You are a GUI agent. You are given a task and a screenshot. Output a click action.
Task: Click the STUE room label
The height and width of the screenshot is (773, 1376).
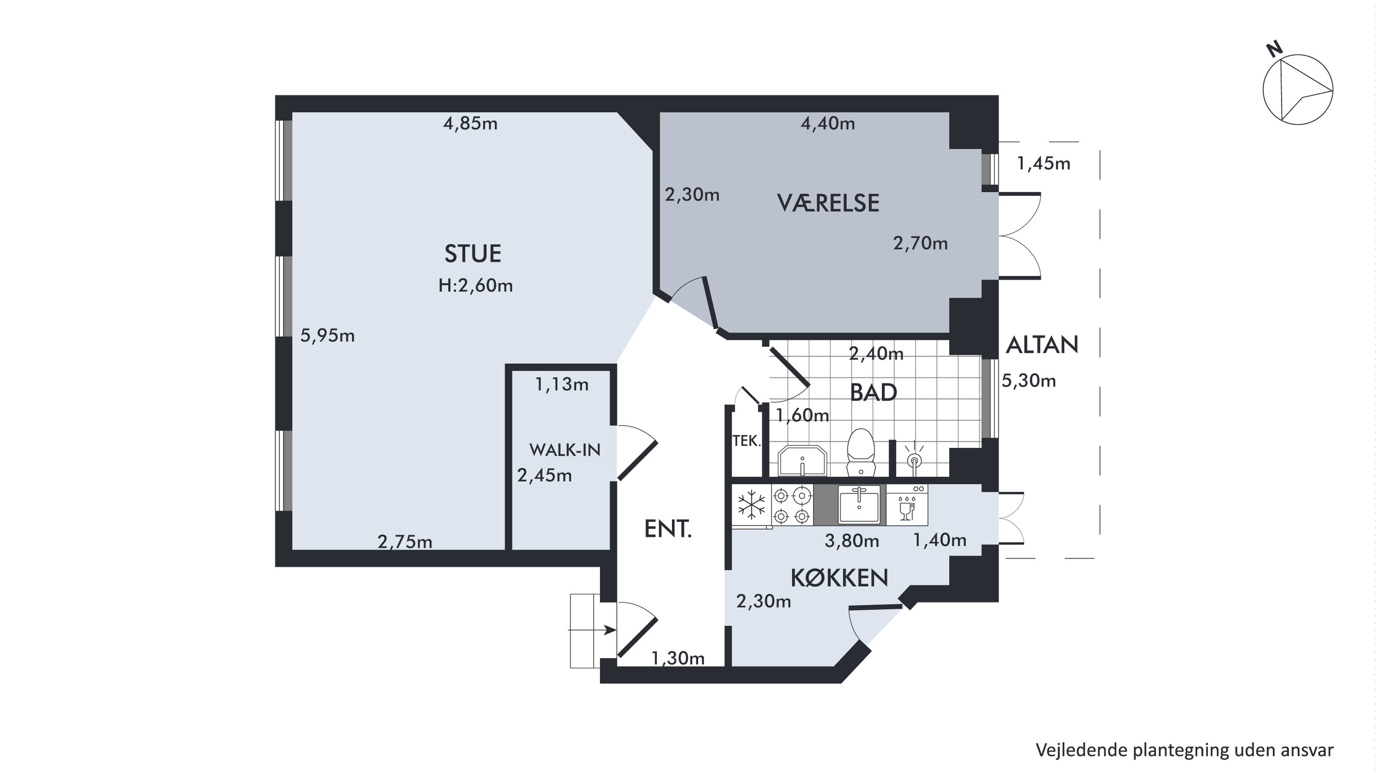coord(473,254)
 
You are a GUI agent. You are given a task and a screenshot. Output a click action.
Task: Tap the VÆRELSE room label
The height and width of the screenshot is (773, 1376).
coord(828,203)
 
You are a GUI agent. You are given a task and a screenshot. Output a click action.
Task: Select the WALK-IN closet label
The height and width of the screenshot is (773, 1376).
coord(565,450)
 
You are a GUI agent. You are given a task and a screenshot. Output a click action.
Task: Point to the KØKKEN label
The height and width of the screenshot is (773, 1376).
coord(839,578)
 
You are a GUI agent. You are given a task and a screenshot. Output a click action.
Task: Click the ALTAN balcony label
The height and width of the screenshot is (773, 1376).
coord(1042,345)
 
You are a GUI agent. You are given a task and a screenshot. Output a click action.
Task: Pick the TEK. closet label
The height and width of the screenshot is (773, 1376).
coord(746,441)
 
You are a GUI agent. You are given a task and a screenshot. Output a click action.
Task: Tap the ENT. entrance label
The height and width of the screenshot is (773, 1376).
coord(668,529)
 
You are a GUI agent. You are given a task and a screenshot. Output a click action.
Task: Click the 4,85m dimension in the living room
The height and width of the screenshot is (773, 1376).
coord(470,123)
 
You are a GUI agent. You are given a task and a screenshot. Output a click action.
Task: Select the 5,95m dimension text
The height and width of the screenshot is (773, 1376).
coord(327,335)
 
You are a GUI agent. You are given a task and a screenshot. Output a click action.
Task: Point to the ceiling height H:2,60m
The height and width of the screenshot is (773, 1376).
coord(475,285)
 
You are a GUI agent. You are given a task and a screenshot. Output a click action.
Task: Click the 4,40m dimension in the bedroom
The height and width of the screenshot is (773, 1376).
coord(827,123)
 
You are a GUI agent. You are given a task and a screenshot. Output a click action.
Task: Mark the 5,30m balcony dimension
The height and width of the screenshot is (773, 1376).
coord(1029,380)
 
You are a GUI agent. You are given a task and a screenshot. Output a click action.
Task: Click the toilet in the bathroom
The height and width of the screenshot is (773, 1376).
coord(860,452)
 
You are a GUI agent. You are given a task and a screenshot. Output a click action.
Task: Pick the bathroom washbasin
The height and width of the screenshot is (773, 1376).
coord(802,461)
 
